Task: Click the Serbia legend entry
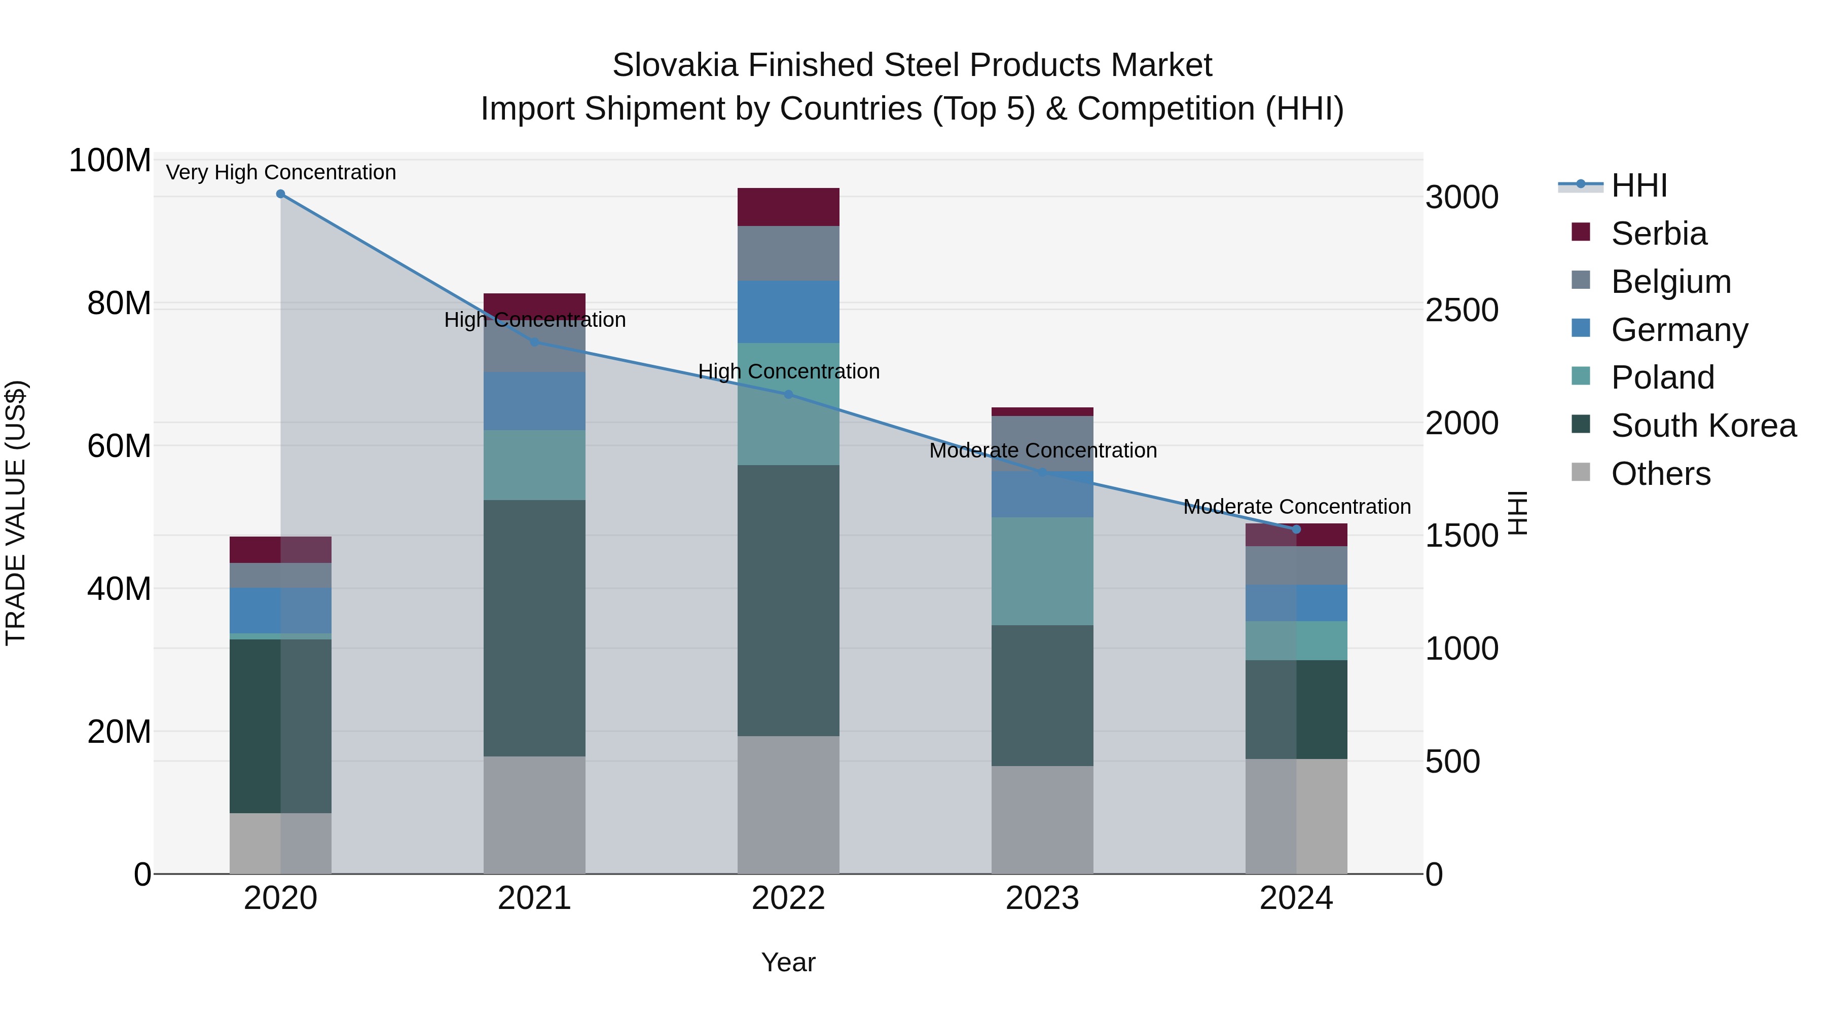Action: [1658, 234]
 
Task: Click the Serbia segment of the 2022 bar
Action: [788, 207]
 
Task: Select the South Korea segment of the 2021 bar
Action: [534, 628]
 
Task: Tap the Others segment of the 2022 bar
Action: [788, 805]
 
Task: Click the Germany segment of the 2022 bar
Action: [788, 312]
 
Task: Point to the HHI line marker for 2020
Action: [280, 194]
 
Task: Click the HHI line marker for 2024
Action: [1296, 529]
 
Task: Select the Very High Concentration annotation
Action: [280, 172]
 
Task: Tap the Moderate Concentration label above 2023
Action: [1042, 450]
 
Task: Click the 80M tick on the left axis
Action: [119, 304]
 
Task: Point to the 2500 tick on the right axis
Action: [1461, 310]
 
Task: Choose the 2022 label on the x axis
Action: [788, 898]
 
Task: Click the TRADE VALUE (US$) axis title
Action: [16, 513]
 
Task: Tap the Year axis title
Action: [788, 962]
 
